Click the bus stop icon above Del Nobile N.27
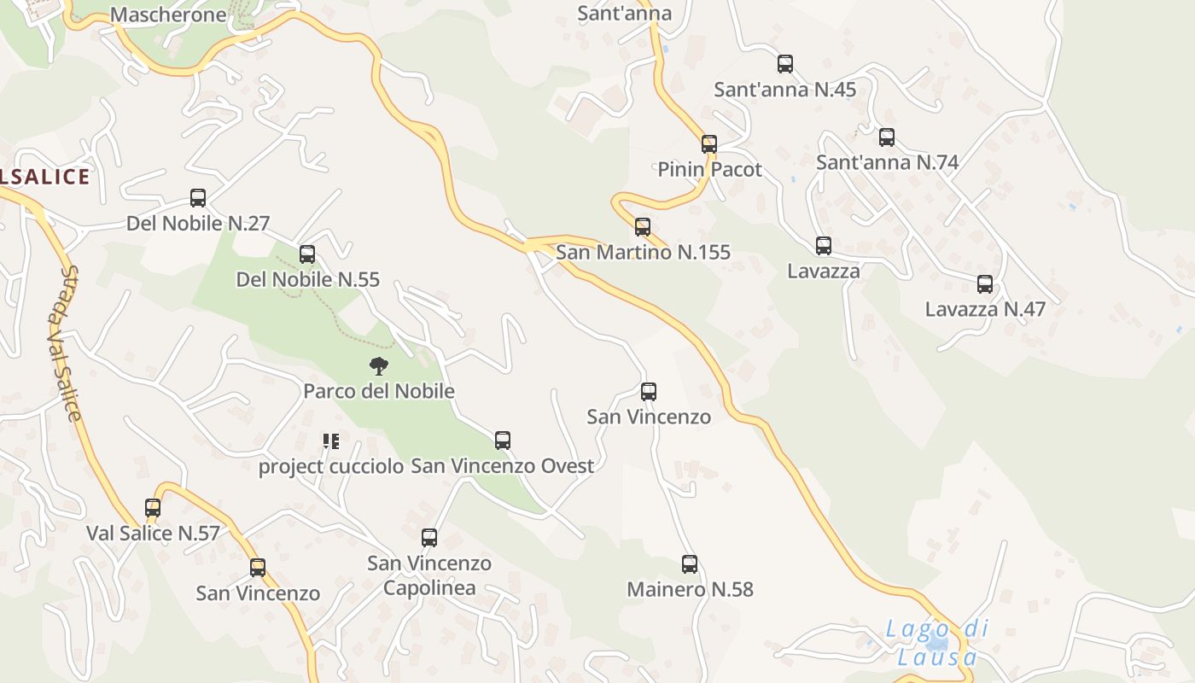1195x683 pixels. [x=198, y=198]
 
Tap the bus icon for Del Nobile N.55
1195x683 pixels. [x=307, y=254]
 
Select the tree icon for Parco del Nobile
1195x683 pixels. [x=379, y=366]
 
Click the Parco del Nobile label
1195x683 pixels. [x=379, y=391]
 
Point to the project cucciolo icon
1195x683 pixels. [x=331, y=441]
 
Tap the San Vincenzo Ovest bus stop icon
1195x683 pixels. [x=503, y=441]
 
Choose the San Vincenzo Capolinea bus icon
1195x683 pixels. [x=429, y=537]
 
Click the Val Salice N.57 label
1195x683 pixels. [x=153, y=534]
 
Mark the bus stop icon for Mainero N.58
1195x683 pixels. [x=690, y=563]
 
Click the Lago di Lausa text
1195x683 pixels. [x=937, y=643]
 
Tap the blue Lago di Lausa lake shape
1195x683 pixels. [x=937, y=643]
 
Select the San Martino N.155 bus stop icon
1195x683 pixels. [x=643, y=226]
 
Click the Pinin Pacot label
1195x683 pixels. [x=709, y=169]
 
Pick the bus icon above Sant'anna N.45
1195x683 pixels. [x=785, y=63]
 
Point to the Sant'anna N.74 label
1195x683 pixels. [x=887, y=162]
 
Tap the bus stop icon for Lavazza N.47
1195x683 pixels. [x=985, y=284]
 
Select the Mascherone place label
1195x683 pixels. [x=169, y=15]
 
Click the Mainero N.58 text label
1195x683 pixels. [x=690, y=589]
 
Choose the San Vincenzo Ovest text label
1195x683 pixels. [x=503, y=466]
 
